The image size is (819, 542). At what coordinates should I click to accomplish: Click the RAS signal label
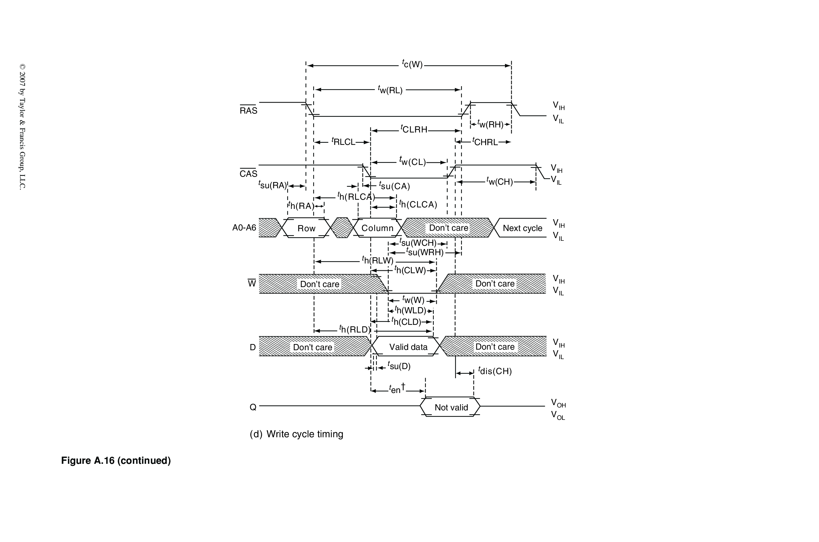[x=248, y=111]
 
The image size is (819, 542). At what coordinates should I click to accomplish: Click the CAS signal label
[x=248, y=173]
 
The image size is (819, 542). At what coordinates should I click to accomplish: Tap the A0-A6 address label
[x=244, y=228]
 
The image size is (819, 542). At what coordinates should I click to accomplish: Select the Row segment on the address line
[x=306, y=228]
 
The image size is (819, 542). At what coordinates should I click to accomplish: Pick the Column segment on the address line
[x=377, y=228]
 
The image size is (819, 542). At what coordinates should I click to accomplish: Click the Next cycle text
[x=522, y=228]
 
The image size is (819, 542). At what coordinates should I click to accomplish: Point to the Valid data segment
[x=408, y=347]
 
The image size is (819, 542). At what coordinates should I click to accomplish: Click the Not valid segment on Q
[x=451, y=407]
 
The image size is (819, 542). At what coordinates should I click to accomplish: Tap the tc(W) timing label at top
[x=412, y=64]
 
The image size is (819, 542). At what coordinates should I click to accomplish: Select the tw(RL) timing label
[x=390, y=90]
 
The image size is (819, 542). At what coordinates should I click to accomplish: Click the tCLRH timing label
[x=414, y=130]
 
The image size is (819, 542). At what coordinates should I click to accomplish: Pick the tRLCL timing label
[x=343, y=142]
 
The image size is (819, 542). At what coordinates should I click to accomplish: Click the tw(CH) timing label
[x=500, y=181]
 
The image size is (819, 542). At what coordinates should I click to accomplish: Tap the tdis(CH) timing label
[x=495, y=371]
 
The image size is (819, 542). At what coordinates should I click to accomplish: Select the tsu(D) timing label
[x=399, y=366]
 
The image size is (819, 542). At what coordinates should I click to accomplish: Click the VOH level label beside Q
[x=558, y=403]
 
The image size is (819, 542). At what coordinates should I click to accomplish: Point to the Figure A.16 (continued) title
[x=116, y=461]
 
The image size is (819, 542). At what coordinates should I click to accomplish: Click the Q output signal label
[x=253, y=407]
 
